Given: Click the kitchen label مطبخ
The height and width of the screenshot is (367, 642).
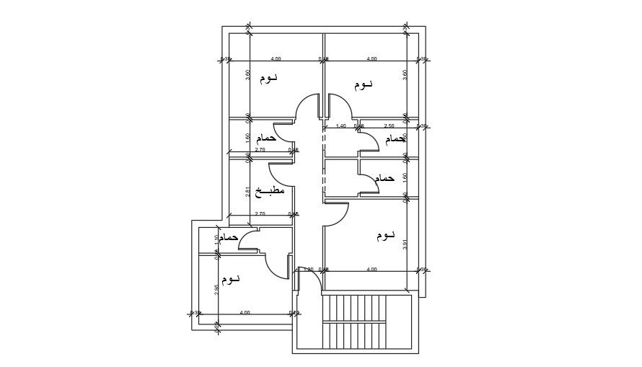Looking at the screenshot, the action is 270,191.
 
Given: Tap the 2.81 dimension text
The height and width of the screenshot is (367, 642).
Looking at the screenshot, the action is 248,192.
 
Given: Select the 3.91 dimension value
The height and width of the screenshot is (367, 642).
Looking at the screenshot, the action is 406,244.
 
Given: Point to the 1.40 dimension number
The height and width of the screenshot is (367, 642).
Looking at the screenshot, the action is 341,126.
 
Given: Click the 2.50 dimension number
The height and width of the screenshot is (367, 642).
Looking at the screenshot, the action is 389,126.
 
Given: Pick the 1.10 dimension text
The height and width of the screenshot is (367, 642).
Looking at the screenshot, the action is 216,240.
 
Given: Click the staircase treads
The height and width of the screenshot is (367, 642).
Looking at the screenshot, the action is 358,321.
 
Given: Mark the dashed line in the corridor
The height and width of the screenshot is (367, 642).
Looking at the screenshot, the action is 324,162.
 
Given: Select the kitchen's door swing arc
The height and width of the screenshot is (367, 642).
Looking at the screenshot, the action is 277,174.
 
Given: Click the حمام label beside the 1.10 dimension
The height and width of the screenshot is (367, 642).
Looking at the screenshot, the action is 229,237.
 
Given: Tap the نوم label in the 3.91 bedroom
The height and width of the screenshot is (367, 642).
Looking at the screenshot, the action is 386,235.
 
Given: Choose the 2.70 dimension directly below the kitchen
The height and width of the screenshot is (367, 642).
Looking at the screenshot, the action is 260,213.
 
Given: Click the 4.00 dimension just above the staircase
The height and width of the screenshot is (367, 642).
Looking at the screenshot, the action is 371,270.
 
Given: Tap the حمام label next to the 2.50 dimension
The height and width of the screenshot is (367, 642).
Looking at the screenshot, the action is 395,138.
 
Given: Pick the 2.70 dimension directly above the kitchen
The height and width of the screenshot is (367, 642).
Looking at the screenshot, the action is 260,150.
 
